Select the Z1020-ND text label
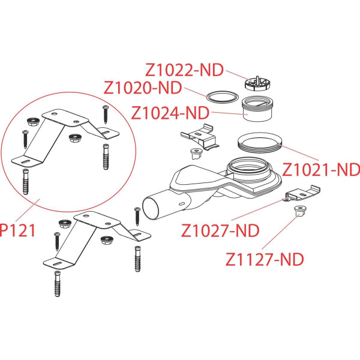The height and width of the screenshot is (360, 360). [x=142, y=88]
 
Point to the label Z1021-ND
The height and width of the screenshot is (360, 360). [x=321, y=169]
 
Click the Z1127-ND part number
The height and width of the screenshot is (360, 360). [x=265, y=259]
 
